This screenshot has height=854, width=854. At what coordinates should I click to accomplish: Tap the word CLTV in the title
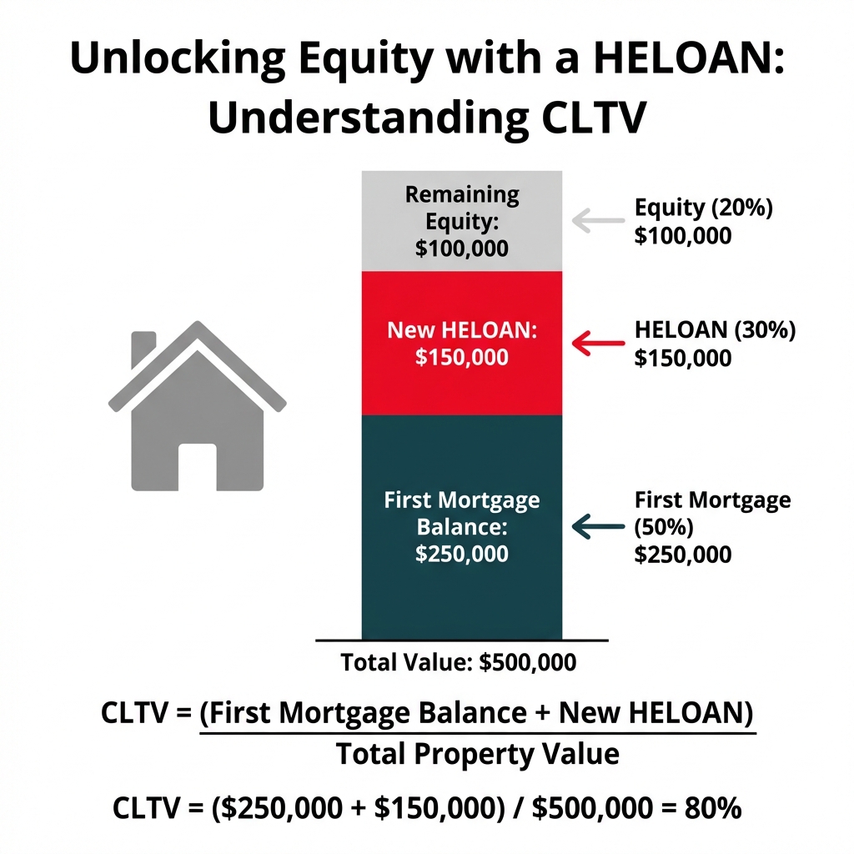click(x=587, y=118)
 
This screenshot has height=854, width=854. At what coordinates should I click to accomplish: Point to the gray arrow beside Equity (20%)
click(x=598, y=221)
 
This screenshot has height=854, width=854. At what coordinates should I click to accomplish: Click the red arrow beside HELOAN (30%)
click(x=598, y=343)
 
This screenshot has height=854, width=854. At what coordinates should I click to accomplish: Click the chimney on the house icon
click(x=144, y=348)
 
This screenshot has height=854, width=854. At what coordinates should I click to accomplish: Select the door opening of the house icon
click(x=197, y=466)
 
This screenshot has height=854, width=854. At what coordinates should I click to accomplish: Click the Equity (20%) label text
click(x=703, y=208)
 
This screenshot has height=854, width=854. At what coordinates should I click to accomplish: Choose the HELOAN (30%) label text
click(x=715, y=329)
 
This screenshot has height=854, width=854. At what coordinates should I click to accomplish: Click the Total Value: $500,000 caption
click(x=458, y=663)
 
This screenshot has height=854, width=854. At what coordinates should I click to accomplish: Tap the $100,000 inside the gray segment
click(x=461, y=248)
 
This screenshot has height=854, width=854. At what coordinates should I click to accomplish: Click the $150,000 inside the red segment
click(x=461, y=357)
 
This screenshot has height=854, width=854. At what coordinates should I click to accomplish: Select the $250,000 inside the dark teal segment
click(x=461, y=554)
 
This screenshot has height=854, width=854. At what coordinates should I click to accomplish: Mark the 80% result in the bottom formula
click(x=711, y=808)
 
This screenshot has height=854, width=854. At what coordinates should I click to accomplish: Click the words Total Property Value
click(x=477, y=755)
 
